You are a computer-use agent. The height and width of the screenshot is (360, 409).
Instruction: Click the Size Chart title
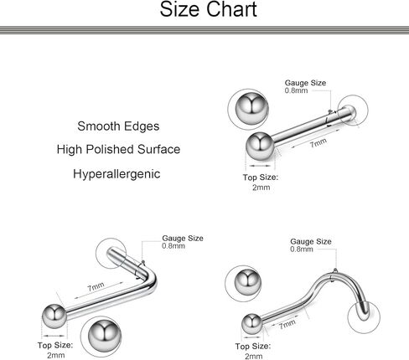pyautogui.click(x=208, y=9)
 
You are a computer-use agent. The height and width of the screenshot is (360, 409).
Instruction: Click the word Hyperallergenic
pyautogui.click(x=116, y=174)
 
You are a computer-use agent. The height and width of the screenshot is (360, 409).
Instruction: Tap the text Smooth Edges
pyautogui.click(x=118, y=126)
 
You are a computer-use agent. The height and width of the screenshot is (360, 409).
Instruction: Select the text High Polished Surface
pyautogui.click(x=118, y=150)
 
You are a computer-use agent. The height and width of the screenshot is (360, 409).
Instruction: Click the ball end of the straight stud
pyautogui.click(x=260, y=147)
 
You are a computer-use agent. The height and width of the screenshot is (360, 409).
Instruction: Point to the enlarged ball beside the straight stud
pyautogui.click(x=251, y=109)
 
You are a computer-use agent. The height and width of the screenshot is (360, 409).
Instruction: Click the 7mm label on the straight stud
pyautogui.click(x=318, y=143)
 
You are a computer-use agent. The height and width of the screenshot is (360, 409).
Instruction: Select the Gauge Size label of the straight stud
pyautogui.click(x=305, y=83)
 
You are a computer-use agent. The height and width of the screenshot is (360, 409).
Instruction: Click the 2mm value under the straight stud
pyautogui.click(x=261, y=188)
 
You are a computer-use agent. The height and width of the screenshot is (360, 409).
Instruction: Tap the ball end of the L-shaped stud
pyautogui.click(x=54, y=316)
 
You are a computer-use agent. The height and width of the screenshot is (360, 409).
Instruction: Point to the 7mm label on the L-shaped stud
pyautogui.click(x=96, y=286)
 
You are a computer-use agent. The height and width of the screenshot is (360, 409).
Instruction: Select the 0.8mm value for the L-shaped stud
pyautogui.click(x=173, y=246)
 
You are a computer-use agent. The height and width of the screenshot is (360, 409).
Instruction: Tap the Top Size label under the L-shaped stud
pyautogui.click(x=55, y=346)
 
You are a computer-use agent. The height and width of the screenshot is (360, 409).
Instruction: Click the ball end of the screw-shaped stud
pyautogui.click(x=252, y=324)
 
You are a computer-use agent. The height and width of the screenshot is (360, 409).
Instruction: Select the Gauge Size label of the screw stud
pyautogui.click(x=311, y=242)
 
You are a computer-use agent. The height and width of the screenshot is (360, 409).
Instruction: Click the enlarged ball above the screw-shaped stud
pyautogui.click(x=248, y=283)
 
